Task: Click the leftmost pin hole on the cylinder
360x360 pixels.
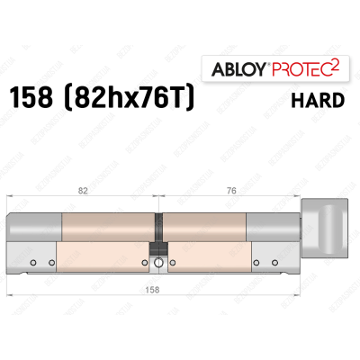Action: (31, 263)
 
